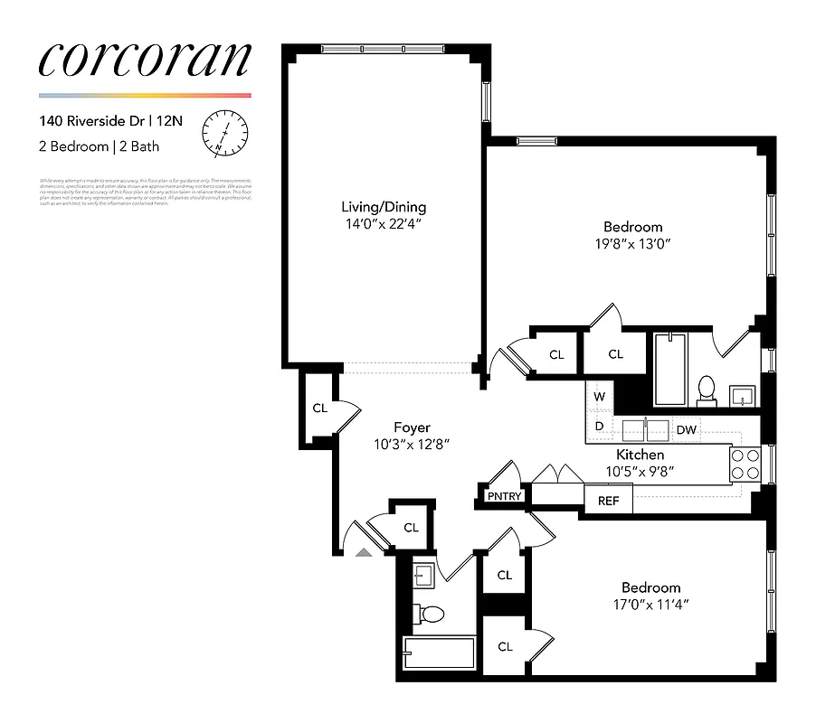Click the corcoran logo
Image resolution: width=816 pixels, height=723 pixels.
(x=145, y=59)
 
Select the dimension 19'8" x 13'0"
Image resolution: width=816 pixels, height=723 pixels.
(x=633, y=244)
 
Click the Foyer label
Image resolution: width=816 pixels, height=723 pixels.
(x=412, y=427)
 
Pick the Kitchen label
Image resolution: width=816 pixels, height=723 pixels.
(x=640, y=455)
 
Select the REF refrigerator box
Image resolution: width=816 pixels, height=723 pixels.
(x=609, y=500)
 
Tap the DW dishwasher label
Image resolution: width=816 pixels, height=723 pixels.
(x=687, y=429)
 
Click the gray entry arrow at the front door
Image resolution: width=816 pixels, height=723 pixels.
(x=364, y=551)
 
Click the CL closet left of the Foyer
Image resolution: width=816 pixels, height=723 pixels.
(x=319, y=408)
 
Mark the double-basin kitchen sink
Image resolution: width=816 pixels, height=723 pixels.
(x=645, y=428)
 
